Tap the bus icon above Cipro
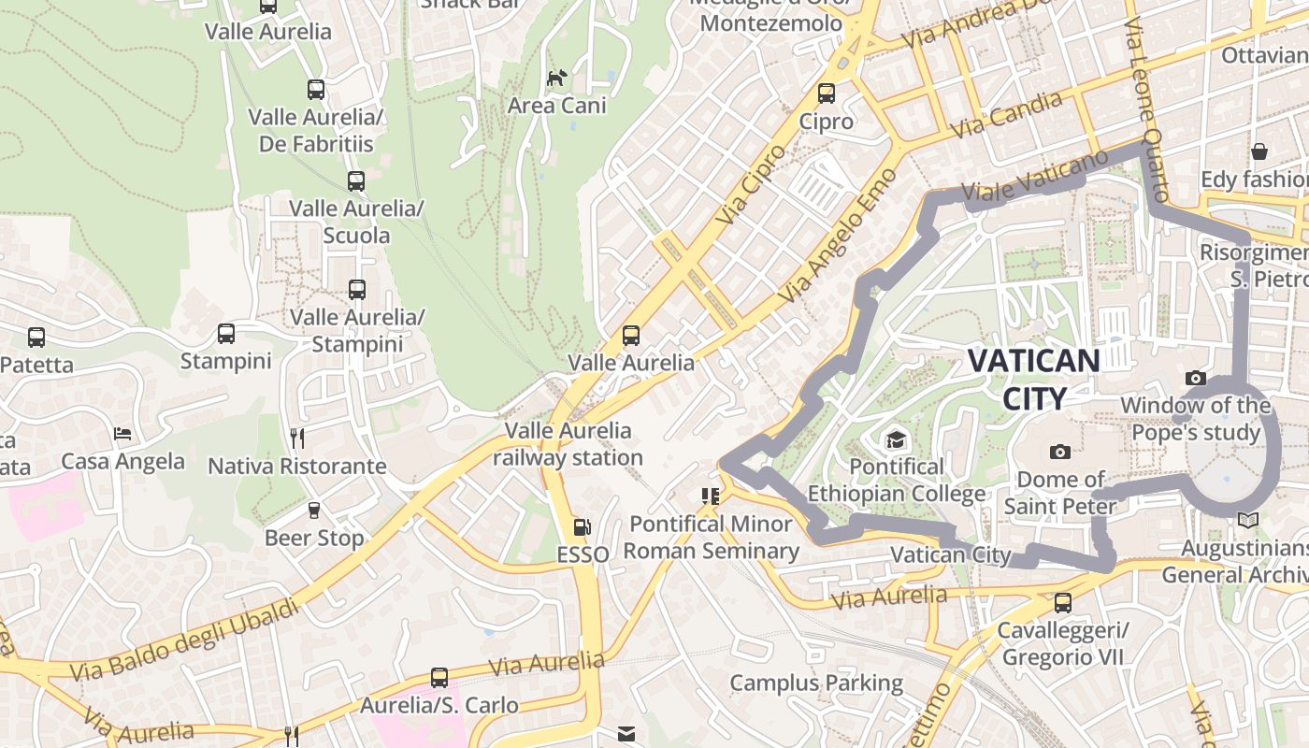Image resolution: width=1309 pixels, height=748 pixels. [x=827, y=93]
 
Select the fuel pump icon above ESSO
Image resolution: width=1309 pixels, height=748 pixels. [x=582, y=528]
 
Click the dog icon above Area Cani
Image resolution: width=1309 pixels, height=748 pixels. [x=557, y=79]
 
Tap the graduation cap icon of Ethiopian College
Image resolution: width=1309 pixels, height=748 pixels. [x=896, y=439]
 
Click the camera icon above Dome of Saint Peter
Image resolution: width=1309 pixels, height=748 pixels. [x=1059, y=453]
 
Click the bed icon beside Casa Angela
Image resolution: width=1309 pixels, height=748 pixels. [x=122, y=434]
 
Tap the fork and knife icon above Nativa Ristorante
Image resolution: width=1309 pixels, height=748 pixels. [x=296, y=439]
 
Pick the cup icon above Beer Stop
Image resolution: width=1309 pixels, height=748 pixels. [x=314, y=511]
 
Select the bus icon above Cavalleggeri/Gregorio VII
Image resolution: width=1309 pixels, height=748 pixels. [x=1062, y=603]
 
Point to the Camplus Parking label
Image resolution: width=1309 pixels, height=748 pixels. [x=816, y=683]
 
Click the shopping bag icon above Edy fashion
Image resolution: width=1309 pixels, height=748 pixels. [x=1259, y=151]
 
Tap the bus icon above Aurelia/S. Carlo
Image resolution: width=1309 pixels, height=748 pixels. [x=439, y=678]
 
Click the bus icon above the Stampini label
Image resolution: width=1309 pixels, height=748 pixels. [x=226, y=334]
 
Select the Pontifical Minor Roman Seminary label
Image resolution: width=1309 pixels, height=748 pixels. [x=711, y=538]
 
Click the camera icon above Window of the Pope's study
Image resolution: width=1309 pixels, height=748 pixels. [x=1195, y=379]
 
